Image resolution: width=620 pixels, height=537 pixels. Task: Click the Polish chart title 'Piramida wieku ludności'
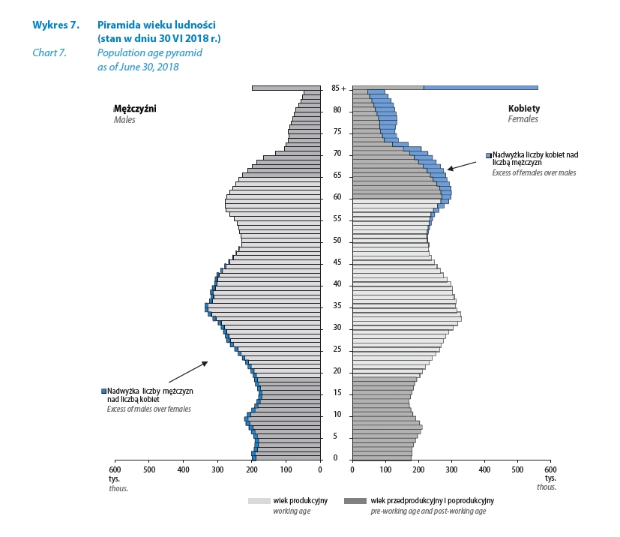point(146,25)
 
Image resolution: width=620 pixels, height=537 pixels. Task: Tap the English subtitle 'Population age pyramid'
point(149,53)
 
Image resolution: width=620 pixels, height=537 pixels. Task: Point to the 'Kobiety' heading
point(523,108)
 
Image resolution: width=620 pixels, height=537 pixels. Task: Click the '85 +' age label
point(339,88)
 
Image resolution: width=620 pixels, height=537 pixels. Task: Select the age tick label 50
point(337,240)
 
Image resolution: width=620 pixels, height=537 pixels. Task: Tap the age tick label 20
point(337,370)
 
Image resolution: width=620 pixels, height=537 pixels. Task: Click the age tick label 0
point(335,457)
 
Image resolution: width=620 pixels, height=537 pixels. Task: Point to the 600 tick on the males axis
point(115,469)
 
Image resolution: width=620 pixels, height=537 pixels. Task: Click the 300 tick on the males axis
point(217,469)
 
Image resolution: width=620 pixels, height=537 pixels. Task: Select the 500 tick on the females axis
point(517,469)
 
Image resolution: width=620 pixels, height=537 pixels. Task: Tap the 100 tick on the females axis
point(385,469)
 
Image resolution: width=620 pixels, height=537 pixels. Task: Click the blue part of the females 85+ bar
point(481,88)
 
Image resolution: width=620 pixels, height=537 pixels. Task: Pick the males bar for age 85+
point(286,88)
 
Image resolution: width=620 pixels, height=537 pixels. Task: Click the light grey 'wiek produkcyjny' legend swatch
point(259,500)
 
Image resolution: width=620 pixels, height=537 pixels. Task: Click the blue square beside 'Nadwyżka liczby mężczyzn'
point(103,391)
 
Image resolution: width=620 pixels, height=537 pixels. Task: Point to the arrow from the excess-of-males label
point(187,373)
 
